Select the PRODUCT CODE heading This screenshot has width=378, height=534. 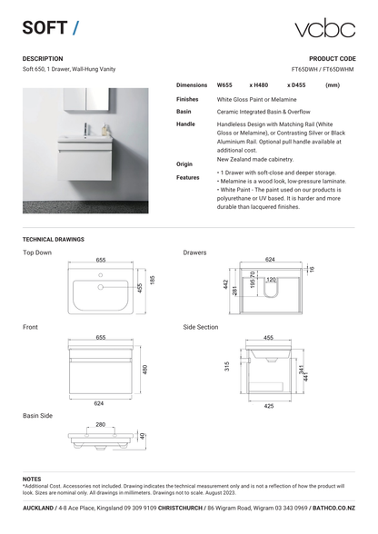(332, 58)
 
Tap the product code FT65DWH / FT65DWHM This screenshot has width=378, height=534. (323, 69)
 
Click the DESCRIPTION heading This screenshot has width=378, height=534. (43, 58)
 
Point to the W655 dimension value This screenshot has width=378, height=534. (224, 85)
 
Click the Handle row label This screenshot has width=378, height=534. (185, 123)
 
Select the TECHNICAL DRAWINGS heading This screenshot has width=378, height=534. (53, 239)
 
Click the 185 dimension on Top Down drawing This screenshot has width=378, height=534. (153, 283)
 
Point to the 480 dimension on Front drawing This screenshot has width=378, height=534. (145, 369)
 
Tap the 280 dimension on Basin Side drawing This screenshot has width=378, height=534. (101, 424)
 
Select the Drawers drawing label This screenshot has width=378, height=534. (194, 252)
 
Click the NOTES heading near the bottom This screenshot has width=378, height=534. (32, 479)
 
